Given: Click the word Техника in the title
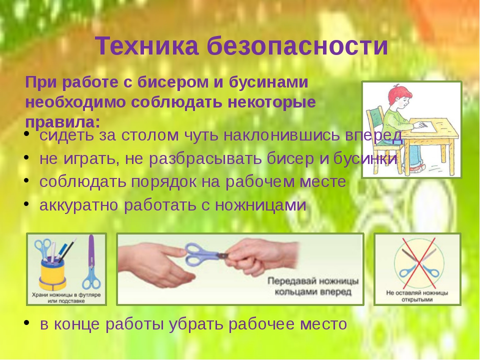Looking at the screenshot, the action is coord(147,46).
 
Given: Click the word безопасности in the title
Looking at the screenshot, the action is coord(297,46).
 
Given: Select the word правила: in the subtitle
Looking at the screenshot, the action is coord(63,122).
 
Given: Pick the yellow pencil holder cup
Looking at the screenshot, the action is coord(52,271).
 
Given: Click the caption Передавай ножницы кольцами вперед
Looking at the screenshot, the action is coord(313,286).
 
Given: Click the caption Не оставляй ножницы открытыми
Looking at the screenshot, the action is coord(417,296).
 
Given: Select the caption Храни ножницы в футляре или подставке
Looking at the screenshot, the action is coord(66,298).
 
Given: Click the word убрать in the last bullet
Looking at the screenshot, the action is coord(196,324).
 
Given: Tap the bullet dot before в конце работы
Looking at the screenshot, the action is coord(27,322).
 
